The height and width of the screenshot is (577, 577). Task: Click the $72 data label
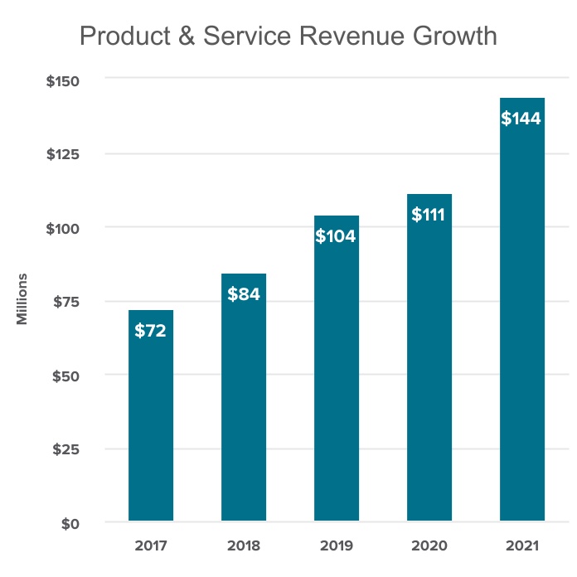[151, 331]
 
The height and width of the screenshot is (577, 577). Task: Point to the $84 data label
[244, 294]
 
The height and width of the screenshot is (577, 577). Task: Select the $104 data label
[337, 236]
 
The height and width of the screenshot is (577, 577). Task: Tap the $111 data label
[429, 215]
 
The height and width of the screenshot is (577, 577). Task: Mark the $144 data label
[522, 119]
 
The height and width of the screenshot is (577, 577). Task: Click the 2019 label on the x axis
[337, 546]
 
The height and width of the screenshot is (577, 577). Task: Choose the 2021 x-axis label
[522, 546]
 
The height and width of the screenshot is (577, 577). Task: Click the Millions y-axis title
[23, 298]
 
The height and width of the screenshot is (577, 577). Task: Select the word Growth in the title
[453, 37]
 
